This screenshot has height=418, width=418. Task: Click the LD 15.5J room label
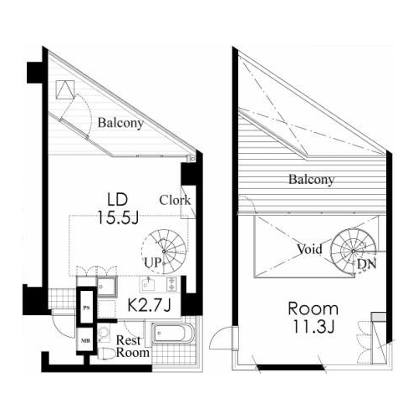tap(118, 209)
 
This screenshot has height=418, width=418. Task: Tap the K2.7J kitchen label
tap(149, 305)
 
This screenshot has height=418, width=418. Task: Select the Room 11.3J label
tap(313, 318)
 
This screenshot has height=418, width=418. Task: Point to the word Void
tap(309, 249)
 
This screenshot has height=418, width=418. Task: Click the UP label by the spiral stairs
tap(153, 263)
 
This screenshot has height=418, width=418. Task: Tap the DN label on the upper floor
tap(367, 264)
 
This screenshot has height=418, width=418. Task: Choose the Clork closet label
tap(175, 200)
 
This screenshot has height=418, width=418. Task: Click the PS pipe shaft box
tap(87, 307)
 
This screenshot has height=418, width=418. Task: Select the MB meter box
tap(85, 340)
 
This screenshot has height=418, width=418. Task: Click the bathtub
tap(173, 333)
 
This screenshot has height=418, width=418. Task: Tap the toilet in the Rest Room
tap(107, 354)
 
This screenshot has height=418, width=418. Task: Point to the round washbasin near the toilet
tap(104, 333)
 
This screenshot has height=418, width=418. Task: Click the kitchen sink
tap(147, 285)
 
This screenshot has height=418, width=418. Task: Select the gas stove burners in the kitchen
tap(171, 284)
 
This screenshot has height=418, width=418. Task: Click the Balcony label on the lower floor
tap(120, 123)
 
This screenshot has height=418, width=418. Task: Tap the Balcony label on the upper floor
tap(311, 179)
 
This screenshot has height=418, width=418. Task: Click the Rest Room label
tap(133, 346)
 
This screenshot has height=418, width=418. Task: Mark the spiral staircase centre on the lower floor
tap(164, 252)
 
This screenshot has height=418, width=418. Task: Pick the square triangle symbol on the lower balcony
tap(66, 89)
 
